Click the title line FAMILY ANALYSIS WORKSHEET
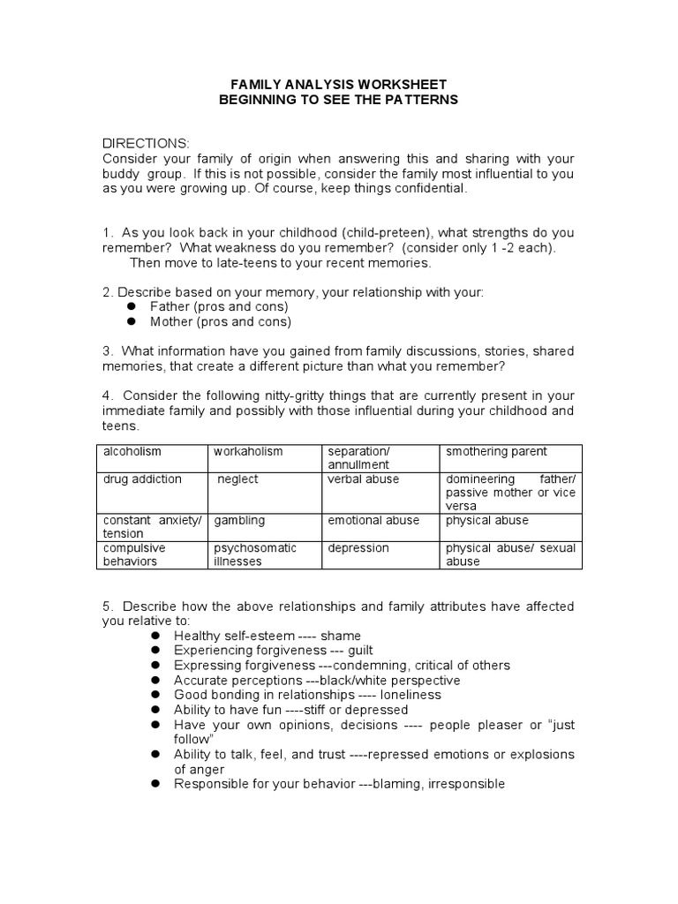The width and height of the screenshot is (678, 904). [x=339, y=85]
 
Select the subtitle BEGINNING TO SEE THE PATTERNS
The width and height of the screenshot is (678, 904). [x=339, y=100]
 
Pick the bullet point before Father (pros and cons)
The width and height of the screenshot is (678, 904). [x=132, y=306]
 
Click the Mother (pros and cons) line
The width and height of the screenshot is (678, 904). [x=220, y=321]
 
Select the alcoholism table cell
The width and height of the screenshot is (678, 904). [x=132, y=452]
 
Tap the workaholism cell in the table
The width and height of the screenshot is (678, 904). [x=248, y=452]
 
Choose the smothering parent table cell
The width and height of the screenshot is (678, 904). [x=496, y=452]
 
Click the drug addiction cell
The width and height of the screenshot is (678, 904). [x=142, y=479]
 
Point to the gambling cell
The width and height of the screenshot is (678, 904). [x=239, y=521]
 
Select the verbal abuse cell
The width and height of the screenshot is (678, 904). [x=363, y=479]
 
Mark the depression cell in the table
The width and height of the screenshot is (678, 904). [x=358, y=548]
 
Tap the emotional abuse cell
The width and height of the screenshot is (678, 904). [x=373, y=521]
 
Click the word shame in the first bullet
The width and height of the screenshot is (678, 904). [x=341, y=636]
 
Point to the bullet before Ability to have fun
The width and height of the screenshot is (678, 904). [x=155, y=710]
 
